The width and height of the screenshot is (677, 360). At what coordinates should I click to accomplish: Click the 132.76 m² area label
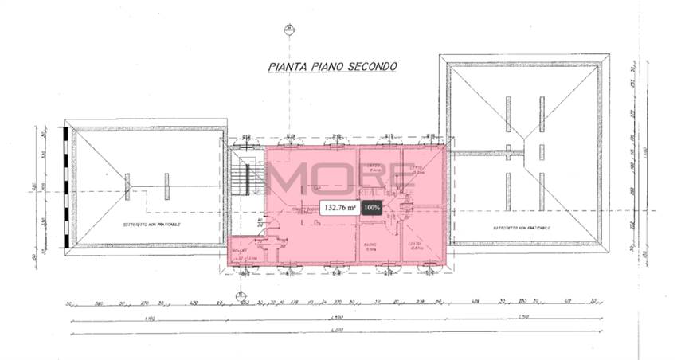coord(338,208)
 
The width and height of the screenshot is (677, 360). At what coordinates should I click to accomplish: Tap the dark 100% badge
coord(371,208)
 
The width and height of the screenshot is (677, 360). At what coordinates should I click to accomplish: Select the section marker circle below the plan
coord(238,299)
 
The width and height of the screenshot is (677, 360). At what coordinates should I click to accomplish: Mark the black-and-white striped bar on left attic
coord(63,186)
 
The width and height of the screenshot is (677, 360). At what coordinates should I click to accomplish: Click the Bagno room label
coord(370,246)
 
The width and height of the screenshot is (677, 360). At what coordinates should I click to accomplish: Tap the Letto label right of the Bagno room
coord(414,246)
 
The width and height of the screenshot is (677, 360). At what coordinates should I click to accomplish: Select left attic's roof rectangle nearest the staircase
coord(166,186)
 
